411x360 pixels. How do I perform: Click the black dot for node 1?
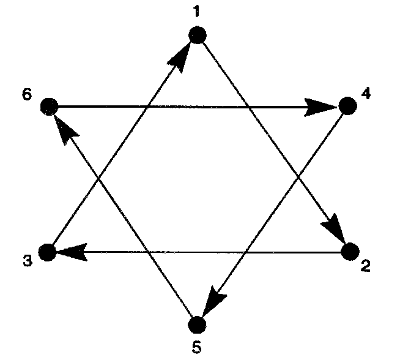click(198, 36)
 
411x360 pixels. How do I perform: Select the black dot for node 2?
click(350, 251)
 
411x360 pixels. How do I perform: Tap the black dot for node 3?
click(47, 252)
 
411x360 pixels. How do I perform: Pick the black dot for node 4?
click(347, 107)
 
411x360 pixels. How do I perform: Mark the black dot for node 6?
click(48, 107)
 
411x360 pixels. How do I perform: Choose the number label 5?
click(196, 347)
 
